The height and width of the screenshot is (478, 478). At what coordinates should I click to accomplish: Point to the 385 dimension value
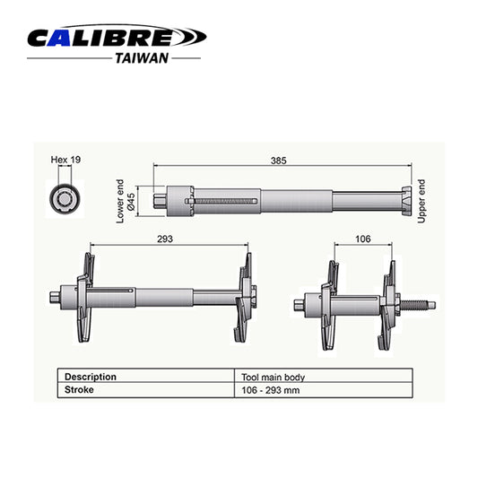pyautogui.click(x=279, y=161)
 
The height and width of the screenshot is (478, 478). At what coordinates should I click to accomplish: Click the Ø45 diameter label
pyautogui.click(x=131, y=202)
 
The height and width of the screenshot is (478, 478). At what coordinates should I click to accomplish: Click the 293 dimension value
pyautogui.click(x=163, y=239)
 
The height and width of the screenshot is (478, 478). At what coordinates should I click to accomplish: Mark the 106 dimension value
pyautogui.click(x=363, y=239)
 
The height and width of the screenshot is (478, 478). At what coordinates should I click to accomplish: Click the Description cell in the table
pyautogui.click(x=90, y=377)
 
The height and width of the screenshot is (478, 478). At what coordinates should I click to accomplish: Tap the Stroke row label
pyautogui.click(x=79, y=390)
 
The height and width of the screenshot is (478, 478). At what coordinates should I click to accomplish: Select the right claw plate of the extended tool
pyautogui.click(x=243, y=296)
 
